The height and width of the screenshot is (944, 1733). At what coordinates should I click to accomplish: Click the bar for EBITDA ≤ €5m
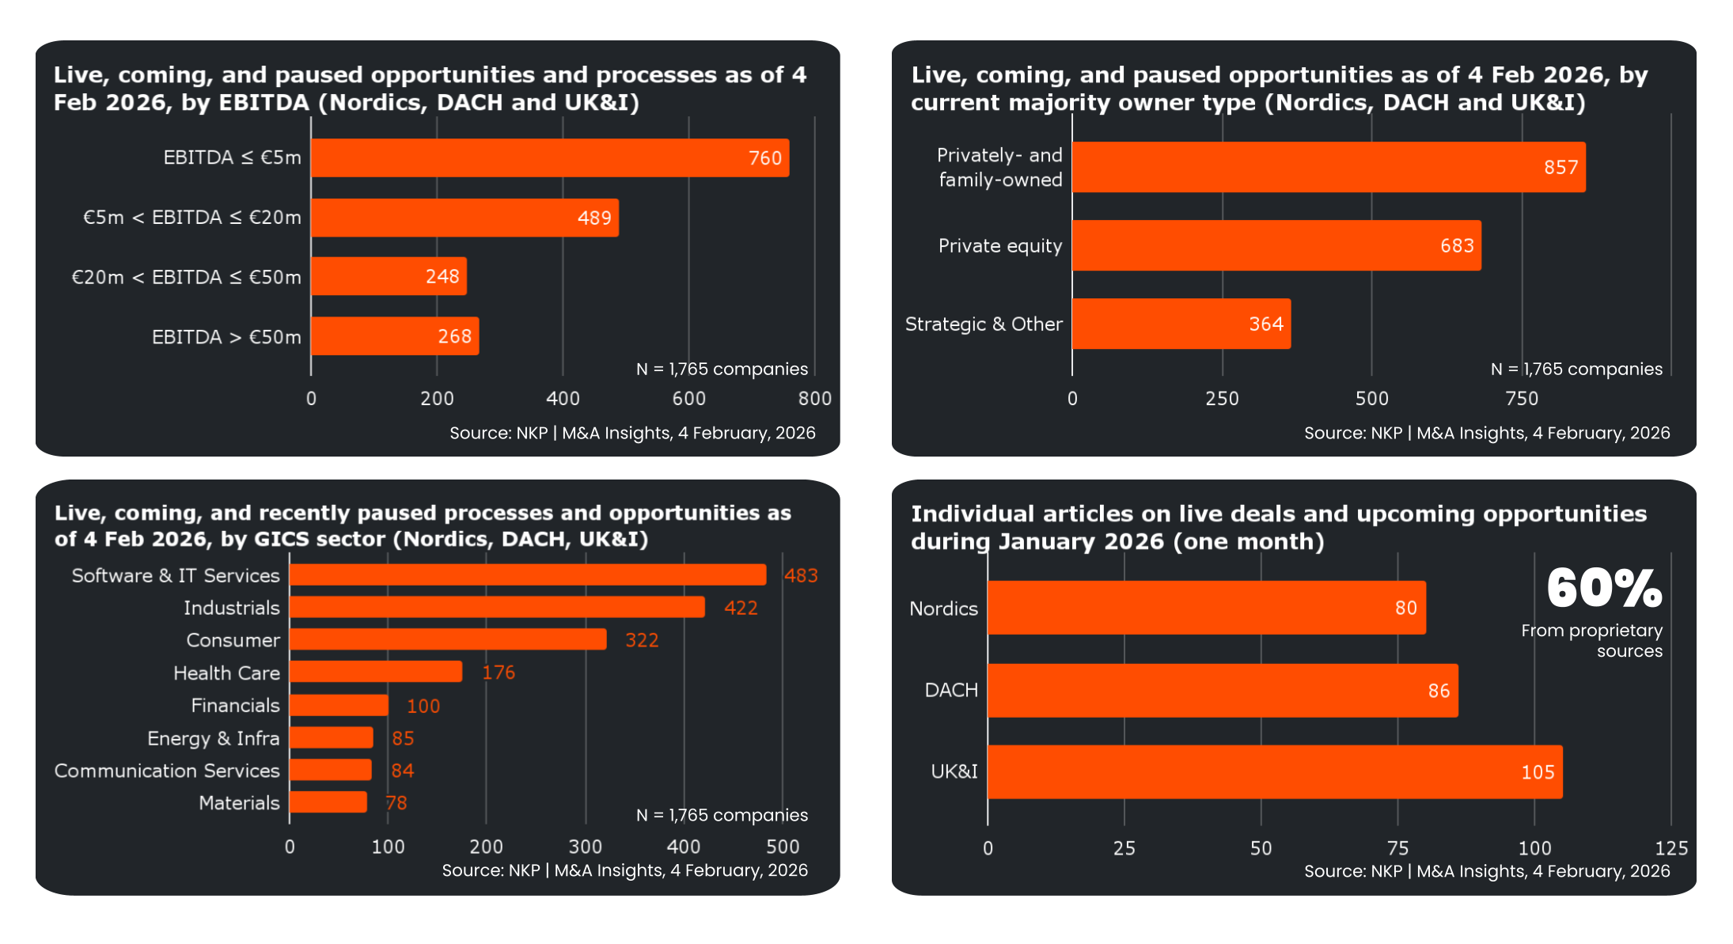tap(549, 157)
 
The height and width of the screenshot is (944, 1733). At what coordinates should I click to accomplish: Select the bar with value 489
tap(465, 218)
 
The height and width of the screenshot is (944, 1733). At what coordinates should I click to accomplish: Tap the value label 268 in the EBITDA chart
tap(454, 336)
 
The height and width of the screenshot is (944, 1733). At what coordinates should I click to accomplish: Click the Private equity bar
tap(1276, 245)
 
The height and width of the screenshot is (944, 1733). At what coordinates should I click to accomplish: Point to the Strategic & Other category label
tap(983, 324)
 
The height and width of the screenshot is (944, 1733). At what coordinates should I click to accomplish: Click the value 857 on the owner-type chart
tap(1560, 167)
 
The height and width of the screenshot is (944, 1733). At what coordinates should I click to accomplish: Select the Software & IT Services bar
tap(527, 574)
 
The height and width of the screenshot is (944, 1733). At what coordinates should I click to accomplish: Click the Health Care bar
tap(375, 672)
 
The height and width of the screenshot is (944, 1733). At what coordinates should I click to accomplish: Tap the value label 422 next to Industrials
tap(741, 608)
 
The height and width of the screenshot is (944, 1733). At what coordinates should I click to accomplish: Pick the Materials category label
tap(239, 802)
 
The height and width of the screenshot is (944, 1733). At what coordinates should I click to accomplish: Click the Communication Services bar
tap(330, 770)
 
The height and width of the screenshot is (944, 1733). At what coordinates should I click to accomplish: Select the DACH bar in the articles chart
tap(1222, 690)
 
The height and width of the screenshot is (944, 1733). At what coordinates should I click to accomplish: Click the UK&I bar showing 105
tap(1274, 772)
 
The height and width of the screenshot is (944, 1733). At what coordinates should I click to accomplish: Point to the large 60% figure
tap(1604, 589)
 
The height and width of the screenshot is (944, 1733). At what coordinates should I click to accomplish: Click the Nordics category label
tap(943, 608)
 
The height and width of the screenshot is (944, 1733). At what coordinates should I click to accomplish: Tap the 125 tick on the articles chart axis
tap(1670, 848)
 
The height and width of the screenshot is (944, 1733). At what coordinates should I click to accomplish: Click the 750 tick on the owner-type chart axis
tap(1522, 398)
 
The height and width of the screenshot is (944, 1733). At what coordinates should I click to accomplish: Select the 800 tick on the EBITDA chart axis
tap(814, 398)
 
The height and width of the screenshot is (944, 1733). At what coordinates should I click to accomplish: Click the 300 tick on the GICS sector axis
tap(585, 847)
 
